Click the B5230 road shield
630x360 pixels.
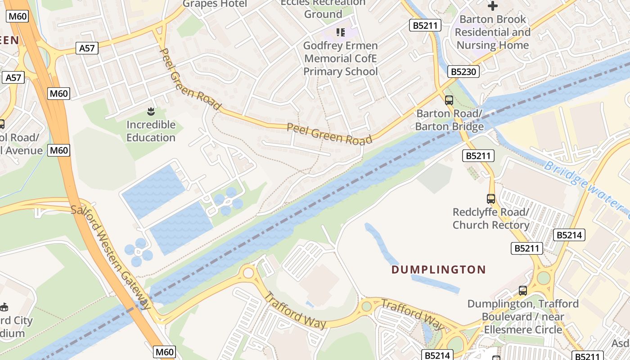pyautogui.click(x=463, y=72)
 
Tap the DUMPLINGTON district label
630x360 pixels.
pyautogui.click(x=438, y=270)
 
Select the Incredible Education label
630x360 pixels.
pyautogui.click(x=151, y=131)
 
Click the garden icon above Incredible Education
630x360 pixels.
pyautogui.click(x=151, y=111)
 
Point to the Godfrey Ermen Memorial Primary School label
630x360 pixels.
pyautogui.click(x=340, y=58)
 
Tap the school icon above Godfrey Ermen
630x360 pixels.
pyautogui.click(x=341, y=32)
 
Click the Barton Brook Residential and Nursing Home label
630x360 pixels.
pyautogui.click(x=492, y=32)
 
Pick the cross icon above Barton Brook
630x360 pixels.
pyautogui.click(x=493, y=6)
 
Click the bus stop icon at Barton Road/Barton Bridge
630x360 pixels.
pyautogui.click(x=449, y=100)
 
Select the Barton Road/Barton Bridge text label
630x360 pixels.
pyautogui.click(x=449, y=120)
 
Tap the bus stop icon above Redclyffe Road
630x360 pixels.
pyautogui.click(x=491, y=198)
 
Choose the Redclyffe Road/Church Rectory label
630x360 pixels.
pyautogui.click(x=490, y=218)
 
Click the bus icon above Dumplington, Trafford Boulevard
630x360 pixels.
pyautogui.click(x=522, y=290)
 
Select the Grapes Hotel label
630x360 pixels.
pyautogui.click(x=215, y=4)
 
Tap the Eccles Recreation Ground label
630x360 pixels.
pyautogui.click(x=323, y=9)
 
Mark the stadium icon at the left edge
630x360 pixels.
pyautogui.click(x=4, y=307)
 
